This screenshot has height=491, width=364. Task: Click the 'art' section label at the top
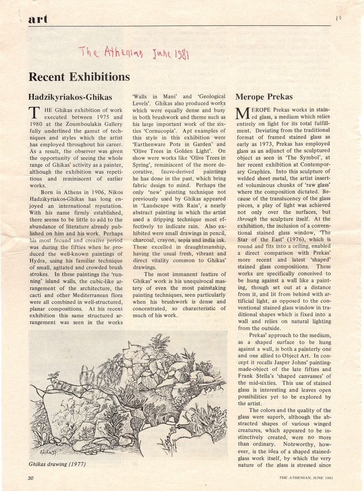(38, 19)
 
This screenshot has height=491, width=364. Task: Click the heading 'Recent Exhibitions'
(79, 77)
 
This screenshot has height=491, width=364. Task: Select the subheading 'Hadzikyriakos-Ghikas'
(71, 97)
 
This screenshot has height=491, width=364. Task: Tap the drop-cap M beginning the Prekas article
(243, 114)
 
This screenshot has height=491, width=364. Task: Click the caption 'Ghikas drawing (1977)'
(57, 464)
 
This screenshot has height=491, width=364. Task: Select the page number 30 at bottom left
(31, 478)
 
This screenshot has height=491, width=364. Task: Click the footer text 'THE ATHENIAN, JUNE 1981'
(306, 478)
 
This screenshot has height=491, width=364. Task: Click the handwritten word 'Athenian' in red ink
(119, 51)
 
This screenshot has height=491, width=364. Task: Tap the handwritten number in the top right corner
(339, 18)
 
